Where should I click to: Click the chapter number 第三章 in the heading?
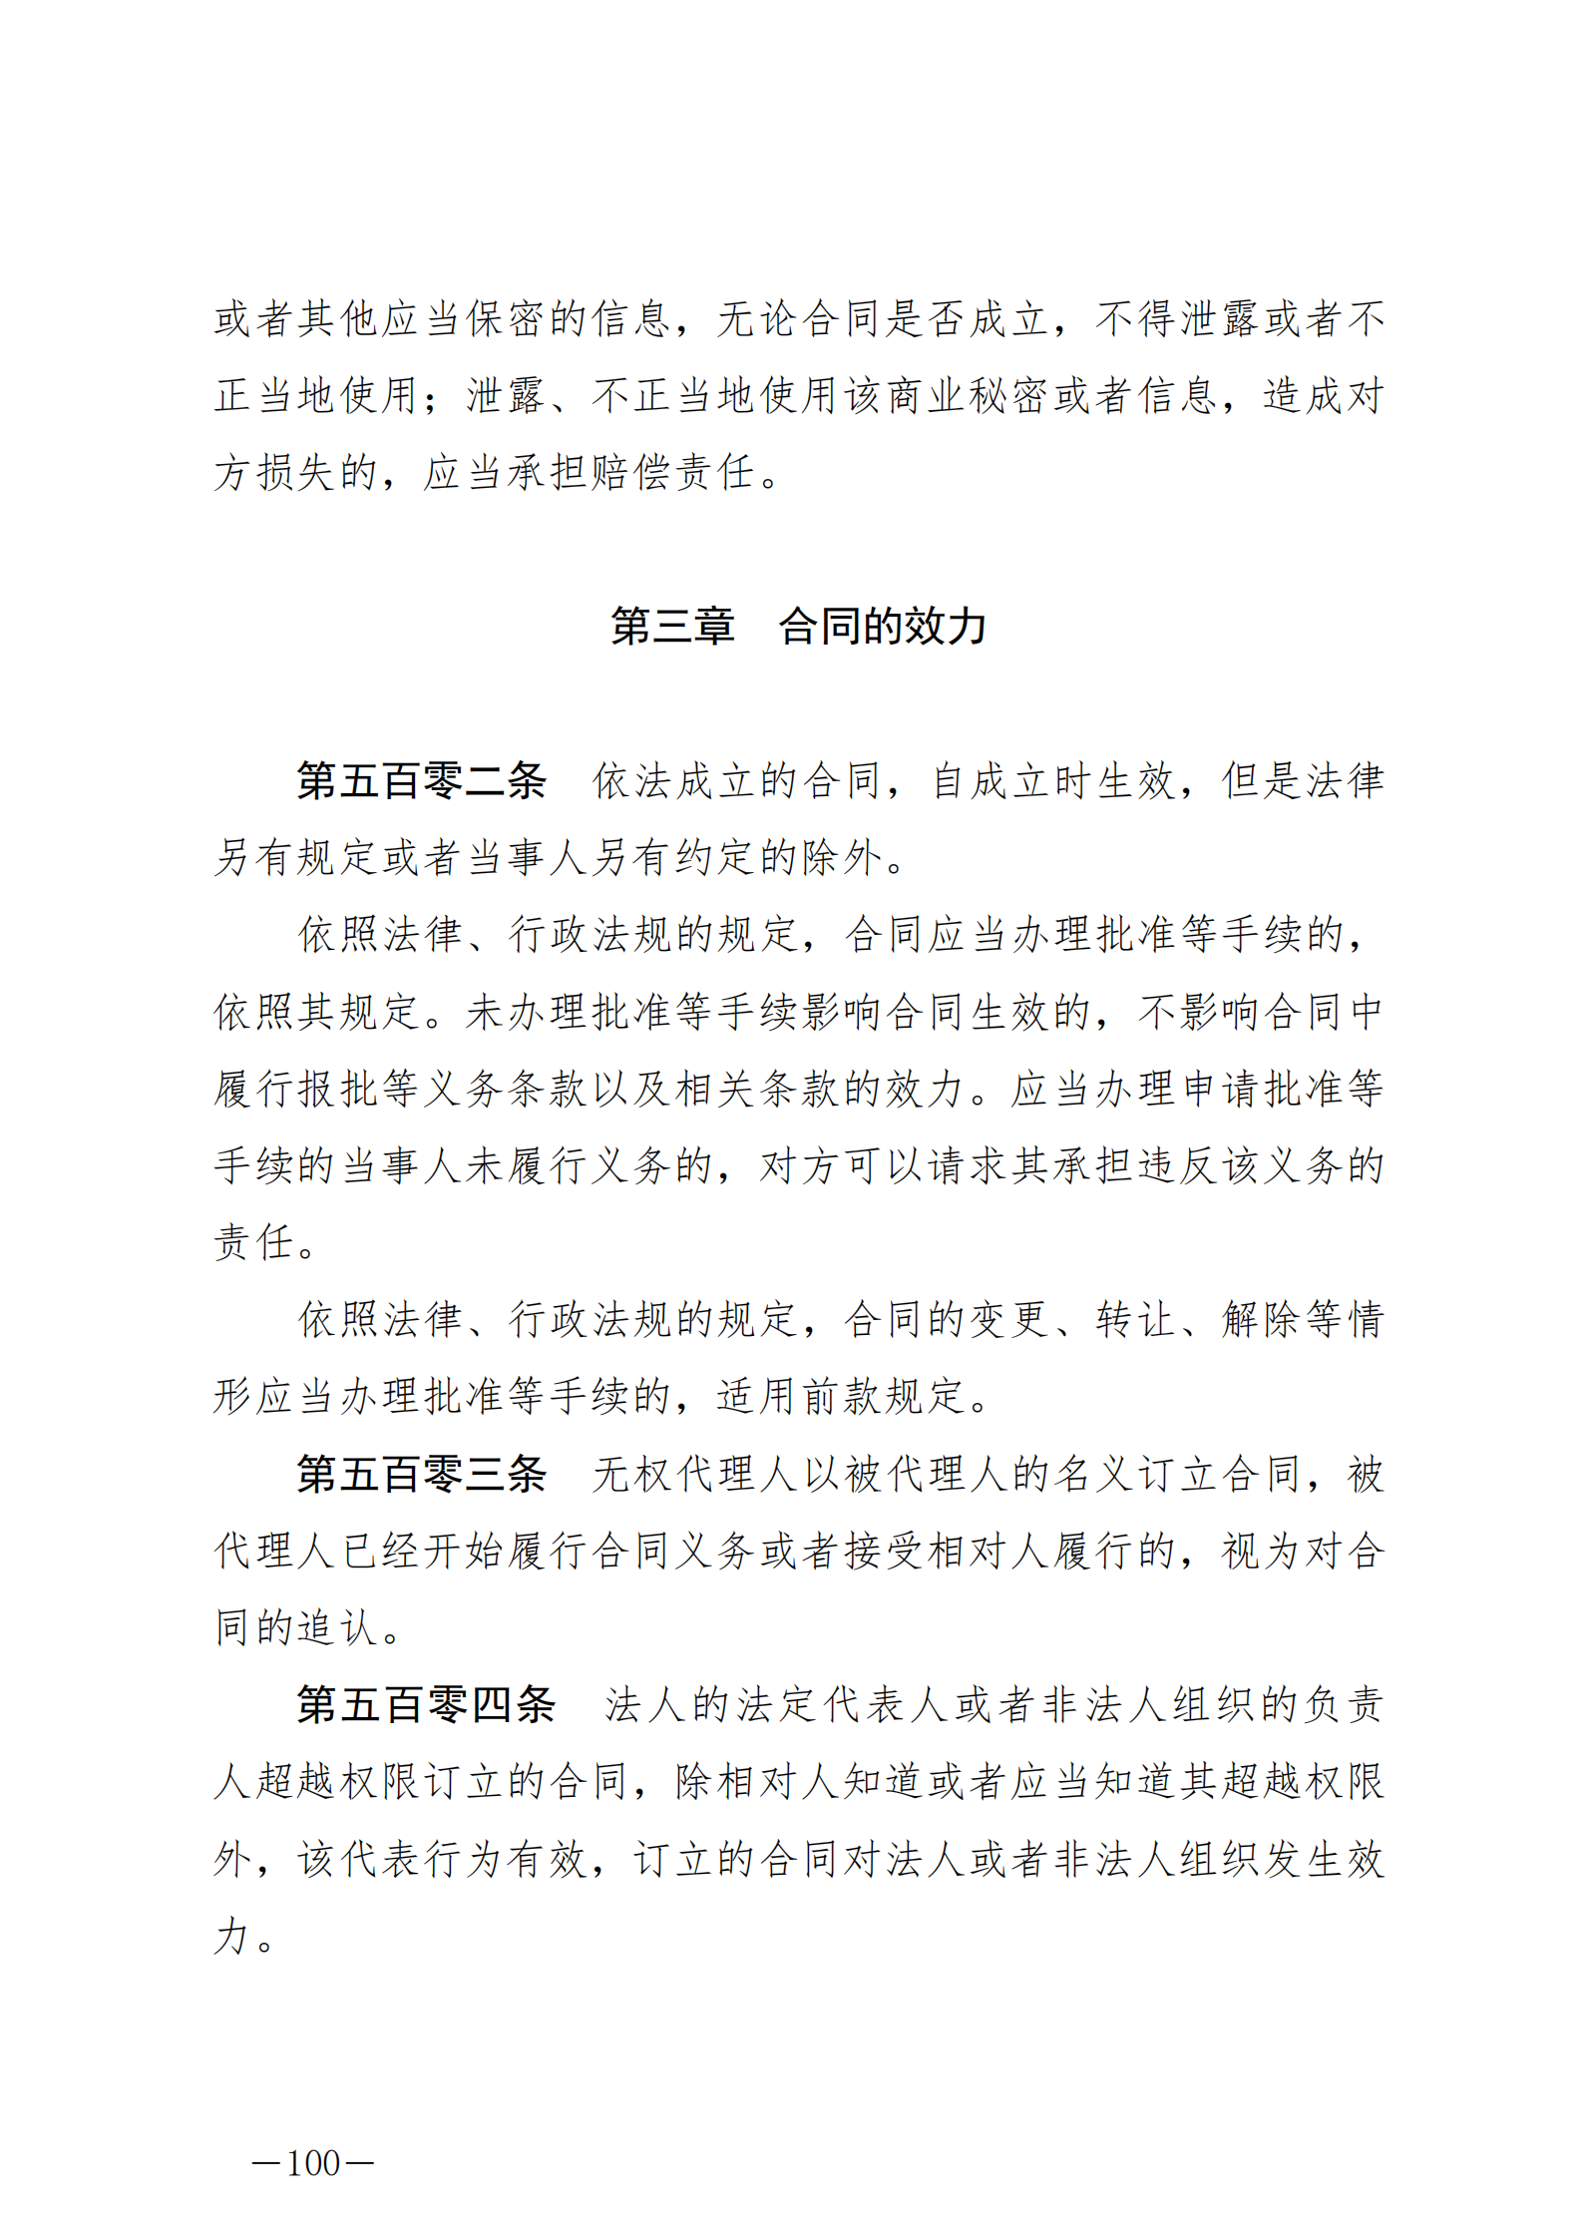(x=672, y=627)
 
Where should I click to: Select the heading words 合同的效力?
(x=882, y=627)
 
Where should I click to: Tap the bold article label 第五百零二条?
(x=421, y=780)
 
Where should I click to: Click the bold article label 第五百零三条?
(x=421, y=1474)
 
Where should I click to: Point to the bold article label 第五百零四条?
(x=426, y=1704)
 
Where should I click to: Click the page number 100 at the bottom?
(x=313, y=2162)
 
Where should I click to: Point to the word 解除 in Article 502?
(x=1262, y=1319)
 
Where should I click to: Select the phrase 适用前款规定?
(x=840, y=1397)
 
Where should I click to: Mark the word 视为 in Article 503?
(x=1262, y=1552)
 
